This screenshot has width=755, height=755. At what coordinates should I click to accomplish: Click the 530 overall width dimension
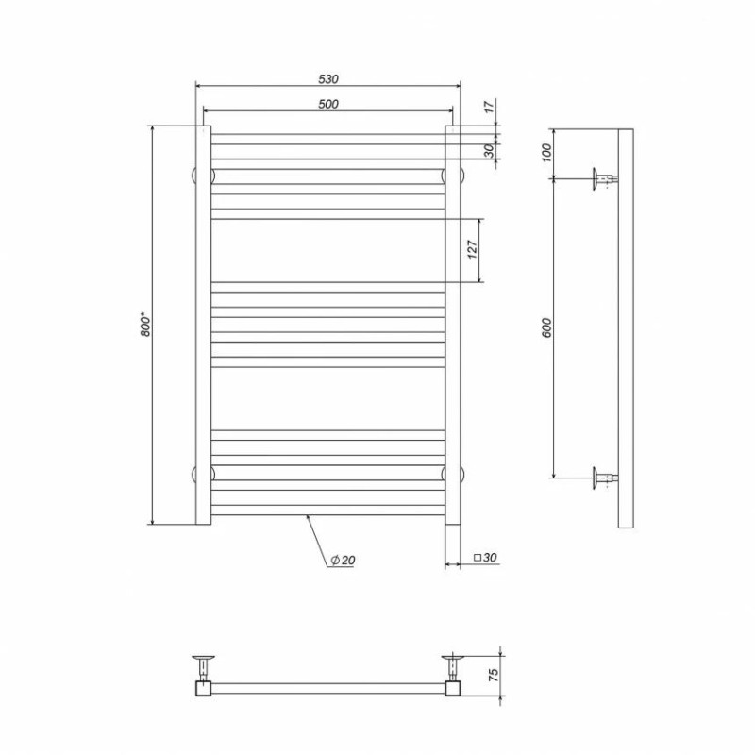click(328, 79)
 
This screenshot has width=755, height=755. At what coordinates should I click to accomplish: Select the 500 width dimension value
click(328, 104)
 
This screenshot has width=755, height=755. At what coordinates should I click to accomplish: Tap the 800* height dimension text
click(146, 325)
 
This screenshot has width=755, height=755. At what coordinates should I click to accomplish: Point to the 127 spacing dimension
click(473, 250)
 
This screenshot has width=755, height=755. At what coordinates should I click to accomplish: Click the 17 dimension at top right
click(489, 107)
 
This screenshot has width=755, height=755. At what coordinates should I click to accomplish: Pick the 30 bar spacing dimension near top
click(489, 151)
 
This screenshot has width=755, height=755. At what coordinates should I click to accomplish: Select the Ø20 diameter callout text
click(343, 560)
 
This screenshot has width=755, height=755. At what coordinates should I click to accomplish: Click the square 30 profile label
click(485, 558)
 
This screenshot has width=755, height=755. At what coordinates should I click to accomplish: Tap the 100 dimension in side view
click(546, 153)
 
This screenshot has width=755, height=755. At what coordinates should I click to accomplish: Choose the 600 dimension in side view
click(546, 327)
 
